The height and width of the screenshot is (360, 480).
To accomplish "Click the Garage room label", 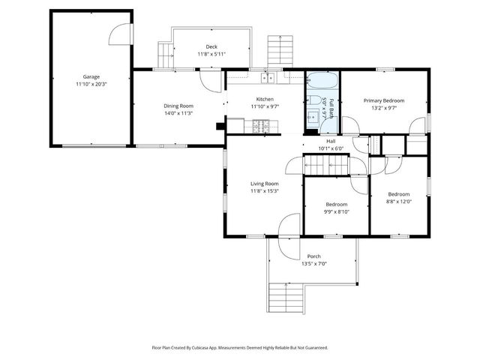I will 91,76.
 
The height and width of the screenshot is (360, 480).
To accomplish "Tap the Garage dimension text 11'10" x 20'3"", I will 91,85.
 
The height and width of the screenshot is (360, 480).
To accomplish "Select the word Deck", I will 211,46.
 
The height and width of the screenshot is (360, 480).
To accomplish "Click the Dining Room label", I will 178,106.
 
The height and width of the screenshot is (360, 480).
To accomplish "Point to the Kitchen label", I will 265,99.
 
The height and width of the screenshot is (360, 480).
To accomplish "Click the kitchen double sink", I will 268,78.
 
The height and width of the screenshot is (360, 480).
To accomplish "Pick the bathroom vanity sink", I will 311,117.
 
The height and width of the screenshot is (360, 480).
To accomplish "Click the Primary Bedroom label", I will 384,100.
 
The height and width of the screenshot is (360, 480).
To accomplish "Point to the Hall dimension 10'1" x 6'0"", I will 330,148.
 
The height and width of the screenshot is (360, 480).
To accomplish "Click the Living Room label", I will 264,183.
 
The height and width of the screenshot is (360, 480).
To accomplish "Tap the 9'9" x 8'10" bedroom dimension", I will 336,211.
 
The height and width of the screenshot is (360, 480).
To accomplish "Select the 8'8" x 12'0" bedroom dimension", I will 398,201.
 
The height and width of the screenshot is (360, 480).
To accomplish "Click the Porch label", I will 313,256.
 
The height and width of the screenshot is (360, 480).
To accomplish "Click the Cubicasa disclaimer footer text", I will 240,347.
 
